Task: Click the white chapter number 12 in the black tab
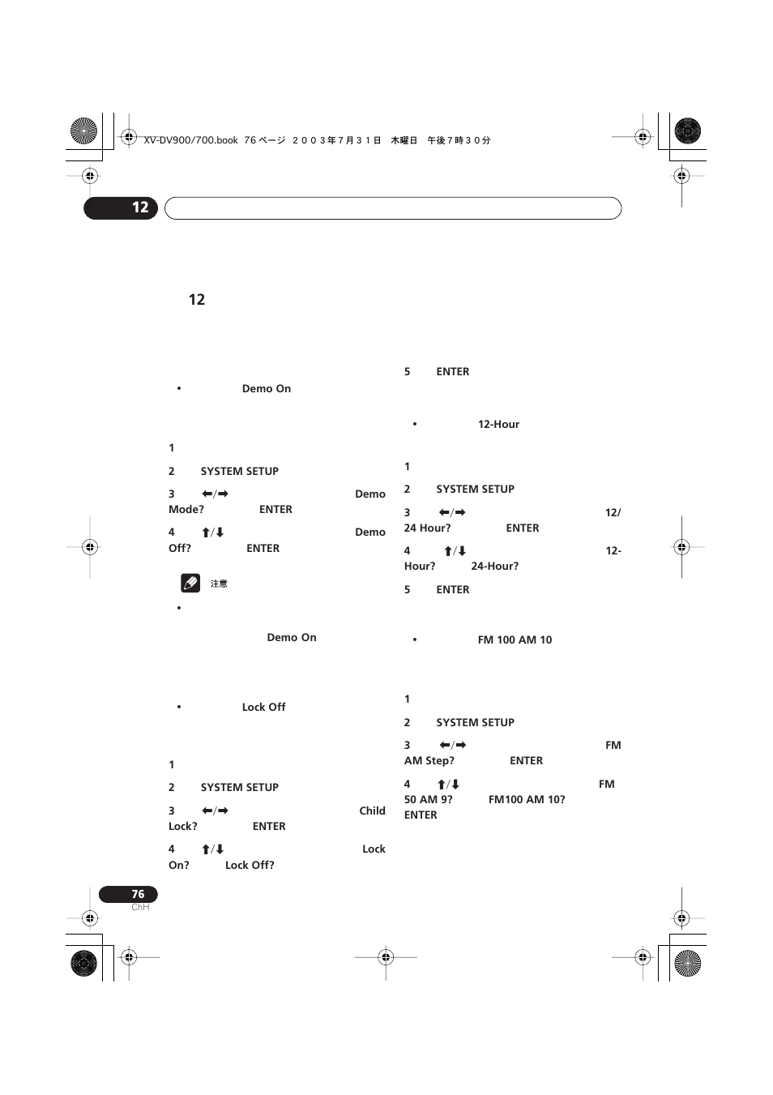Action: tap(140, 207)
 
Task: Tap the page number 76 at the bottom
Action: tap(138, 894)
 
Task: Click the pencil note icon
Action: tap(190, 582)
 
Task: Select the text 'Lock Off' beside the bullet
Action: tap(263, 707)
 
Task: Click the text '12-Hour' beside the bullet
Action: tap(498, 424)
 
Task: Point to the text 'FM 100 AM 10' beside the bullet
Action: tap(515, 639)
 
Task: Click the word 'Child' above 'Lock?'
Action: tap(372, 811)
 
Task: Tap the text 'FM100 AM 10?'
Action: tap(527, 799)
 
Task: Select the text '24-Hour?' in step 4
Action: tap(494, 566)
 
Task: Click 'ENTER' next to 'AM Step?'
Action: tap(526, 760)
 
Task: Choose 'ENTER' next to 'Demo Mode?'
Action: tap(275, 509)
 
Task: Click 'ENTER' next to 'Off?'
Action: tap(263, 548)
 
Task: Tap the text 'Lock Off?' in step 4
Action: tap(250, 865)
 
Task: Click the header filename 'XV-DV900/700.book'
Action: tap(190, 140)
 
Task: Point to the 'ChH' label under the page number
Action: tap(140, 907)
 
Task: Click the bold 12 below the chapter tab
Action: tap(197, 299)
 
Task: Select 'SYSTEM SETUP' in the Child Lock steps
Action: tap(239, 787)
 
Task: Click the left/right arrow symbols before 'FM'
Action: tap(452, 745)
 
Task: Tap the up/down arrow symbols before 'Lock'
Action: tap(212, 849)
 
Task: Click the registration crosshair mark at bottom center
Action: tap(386, 957)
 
